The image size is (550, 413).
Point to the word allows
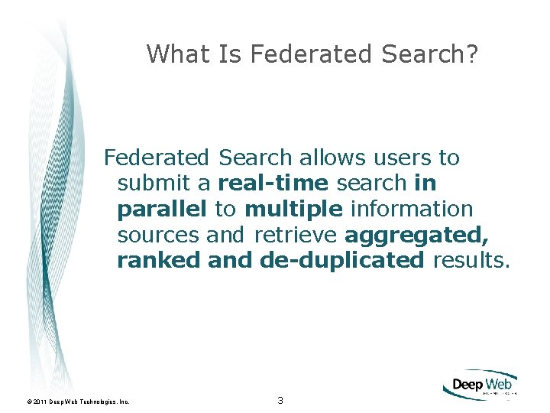point(333,158)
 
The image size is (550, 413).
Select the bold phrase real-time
point(273,184)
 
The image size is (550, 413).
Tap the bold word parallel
point(162,209)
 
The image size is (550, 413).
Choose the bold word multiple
point(293,209)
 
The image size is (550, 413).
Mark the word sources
point(158,234)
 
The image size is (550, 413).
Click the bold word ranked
point(159,260)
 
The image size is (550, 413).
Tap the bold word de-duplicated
point(341,260)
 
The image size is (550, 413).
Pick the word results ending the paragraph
point(469,260)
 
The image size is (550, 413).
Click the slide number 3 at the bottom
point(280,401)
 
